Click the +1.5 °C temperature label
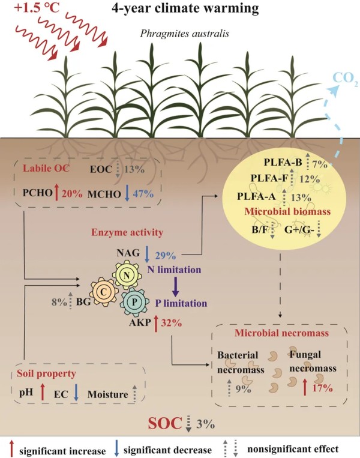click(26, 10)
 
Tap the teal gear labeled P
click(136, 298)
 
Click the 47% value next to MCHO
click(143, 193)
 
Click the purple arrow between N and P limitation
click(175, 285)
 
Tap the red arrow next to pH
click(42, 394)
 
